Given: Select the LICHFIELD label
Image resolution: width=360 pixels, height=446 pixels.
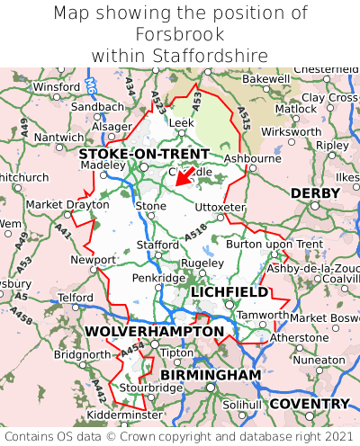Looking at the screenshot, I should click(229, 292).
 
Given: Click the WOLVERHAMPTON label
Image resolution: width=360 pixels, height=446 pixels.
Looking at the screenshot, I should click(154, 332).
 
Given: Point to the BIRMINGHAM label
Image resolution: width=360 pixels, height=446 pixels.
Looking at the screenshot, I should click(211, 374).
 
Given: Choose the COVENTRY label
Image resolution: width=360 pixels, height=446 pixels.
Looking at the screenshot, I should click(310, 404).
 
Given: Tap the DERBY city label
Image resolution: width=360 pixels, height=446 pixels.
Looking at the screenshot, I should click(315, 193).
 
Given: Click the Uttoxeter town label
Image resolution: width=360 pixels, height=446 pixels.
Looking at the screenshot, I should click(220, 207).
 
